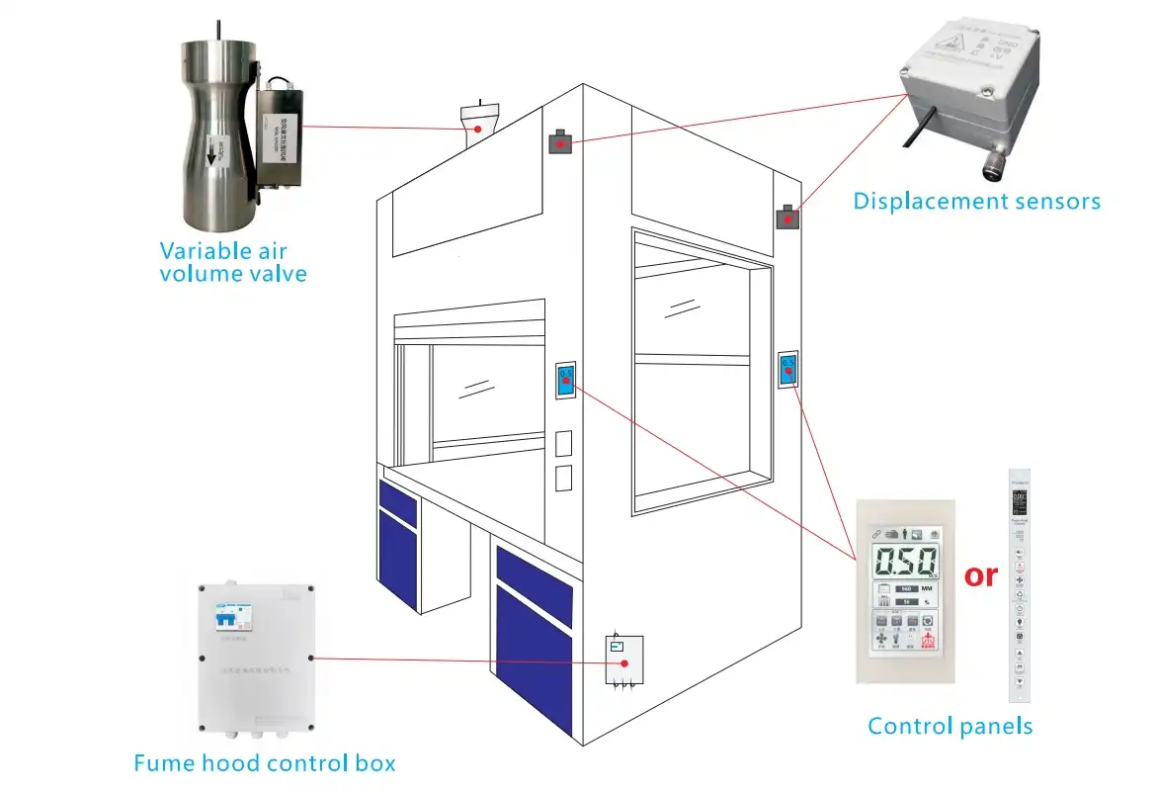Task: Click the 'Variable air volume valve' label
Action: (x=233, y=261)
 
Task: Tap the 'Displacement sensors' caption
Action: (x=976, y=202)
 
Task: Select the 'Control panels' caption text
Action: (x=950, y=727)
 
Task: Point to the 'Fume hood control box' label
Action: (x=265, y=763)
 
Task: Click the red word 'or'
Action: (x=980, y=573)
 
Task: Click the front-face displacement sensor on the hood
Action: (x=560, y=143)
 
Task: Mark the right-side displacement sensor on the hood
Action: (x=786, y=217)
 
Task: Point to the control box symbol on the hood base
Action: (x=623, y=660)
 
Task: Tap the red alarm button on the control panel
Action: (x=929, y=642)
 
